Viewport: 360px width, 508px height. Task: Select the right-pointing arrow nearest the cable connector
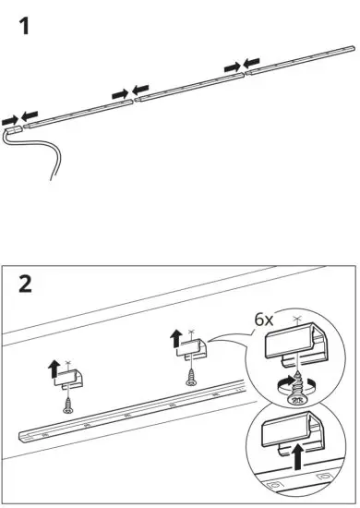coord(10,119)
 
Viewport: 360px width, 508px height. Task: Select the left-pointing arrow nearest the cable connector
coord(31,115)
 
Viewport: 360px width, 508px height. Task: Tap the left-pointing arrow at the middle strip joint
coord(140,90)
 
